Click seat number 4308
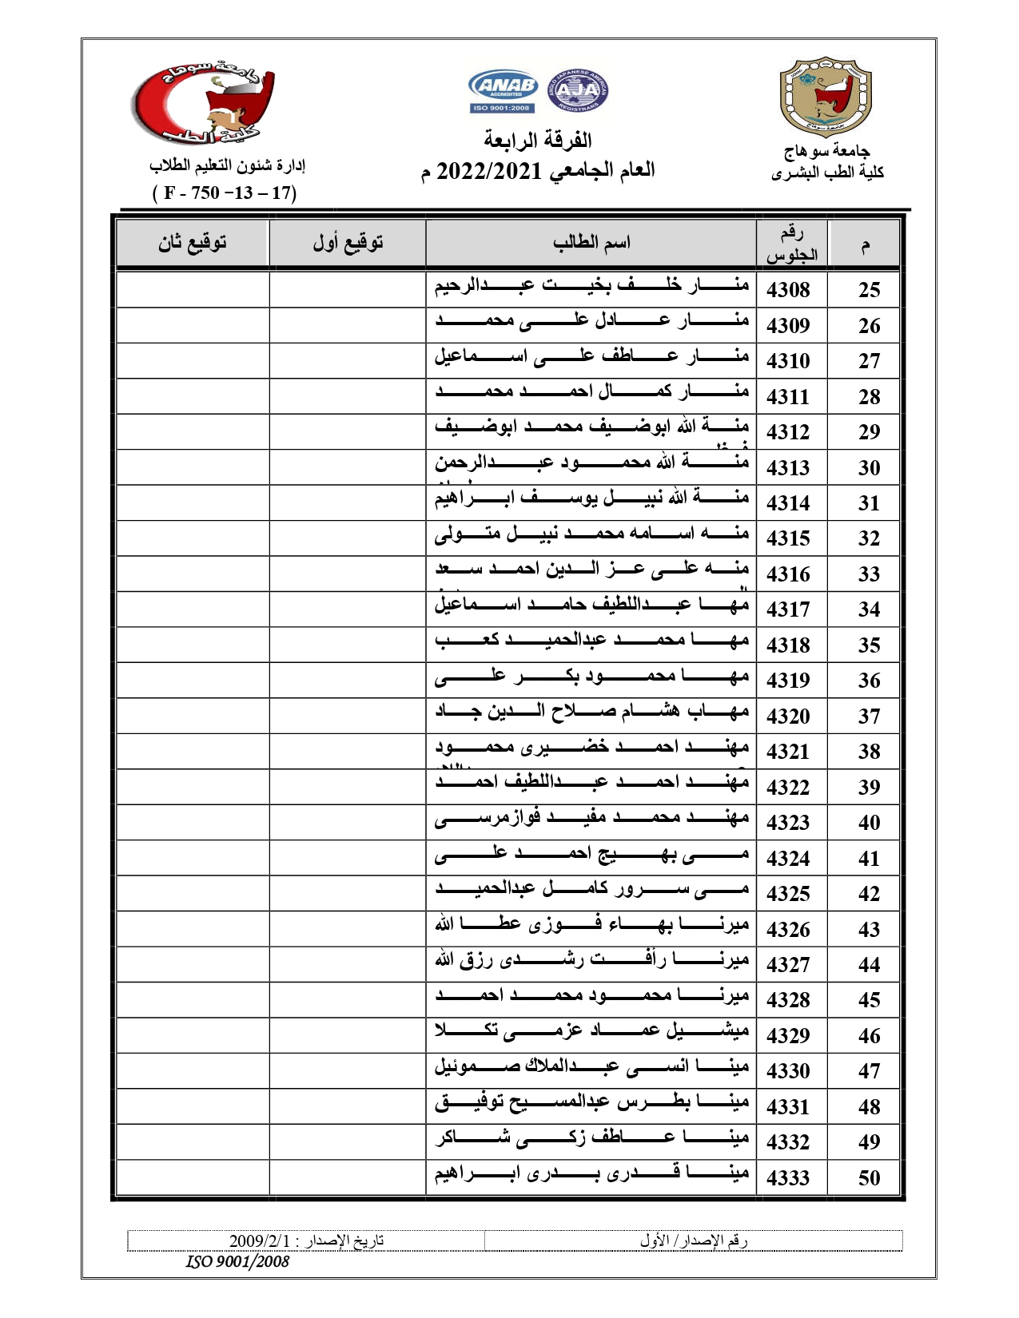[x=788, y=290]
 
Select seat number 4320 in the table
[x=788, y=717]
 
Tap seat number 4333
[x=788, y=1178]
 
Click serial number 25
[x=869, y=290]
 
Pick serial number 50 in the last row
[x=869, y=1178]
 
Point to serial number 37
[x=869, y=717]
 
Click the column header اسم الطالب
[x=591, y=242]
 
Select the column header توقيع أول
[x=348, y=242]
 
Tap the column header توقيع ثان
[x=192, y=242]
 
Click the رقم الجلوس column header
[x=792, y=244]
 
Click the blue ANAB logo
[x=503, y=89]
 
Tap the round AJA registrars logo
[x=577, y=89]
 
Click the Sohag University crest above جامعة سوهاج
[x=826, y=97]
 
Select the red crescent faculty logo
[x=203, y=105]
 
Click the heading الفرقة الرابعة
[x=537, y=141]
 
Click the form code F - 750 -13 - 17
[x=225, y=193]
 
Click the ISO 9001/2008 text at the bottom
[x=237, y=1261]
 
